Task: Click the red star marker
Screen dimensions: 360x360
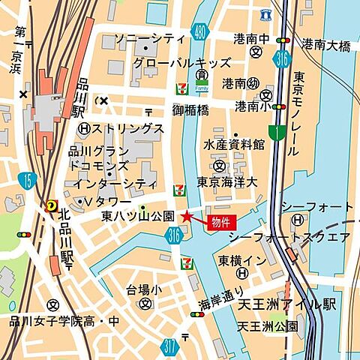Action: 186,217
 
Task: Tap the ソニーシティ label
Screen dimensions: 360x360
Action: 148,38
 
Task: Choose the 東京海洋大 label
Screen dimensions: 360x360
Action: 226,182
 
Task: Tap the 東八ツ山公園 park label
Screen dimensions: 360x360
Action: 138,216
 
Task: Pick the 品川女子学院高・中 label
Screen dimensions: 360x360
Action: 63,321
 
